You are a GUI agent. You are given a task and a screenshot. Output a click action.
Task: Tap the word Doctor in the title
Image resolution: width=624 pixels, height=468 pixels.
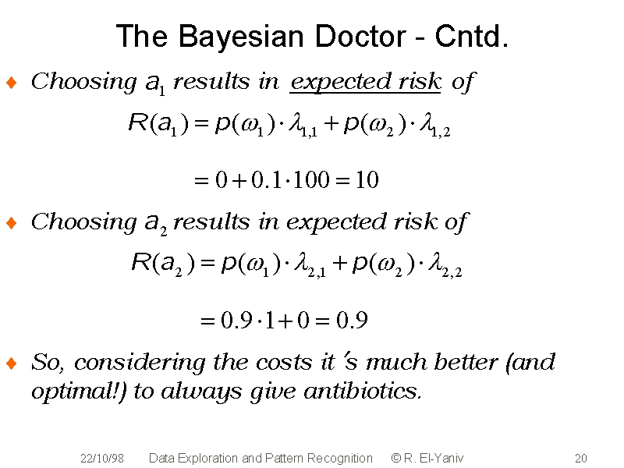point(360,36)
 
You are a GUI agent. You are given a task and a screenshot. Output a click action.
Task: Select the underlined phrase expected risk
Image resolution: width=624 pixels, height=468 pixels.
point(365,83)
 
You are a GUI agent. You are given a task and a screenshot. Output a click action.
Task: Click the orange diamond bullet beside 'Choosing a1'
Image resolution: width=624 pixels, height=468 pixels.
point(12,83)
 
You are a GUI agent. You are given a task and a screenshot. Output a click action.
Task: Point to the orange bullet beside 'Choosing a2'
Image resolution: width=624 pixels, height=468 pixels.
point(12,223)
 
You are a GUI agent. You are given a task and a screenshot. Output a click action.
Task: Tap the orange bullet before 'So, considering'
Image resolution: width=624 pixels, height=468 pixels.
point(12,363)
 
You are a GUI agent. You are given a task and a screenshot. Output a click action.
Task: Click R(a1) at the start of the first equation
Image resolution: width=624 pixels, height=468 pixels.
point(158,124)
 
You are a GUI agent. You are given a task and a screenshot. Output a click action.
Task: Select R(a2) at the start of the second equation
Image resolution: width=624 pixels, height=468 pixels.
point(163,264)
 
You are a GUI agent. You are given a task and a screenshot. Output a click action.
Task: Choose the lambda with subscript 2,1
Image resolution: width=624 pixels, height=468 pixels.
point(310,265)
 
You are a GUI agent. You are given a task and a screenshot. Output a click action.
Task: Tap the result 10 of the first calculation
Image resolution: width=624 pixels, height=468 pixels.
point(367,180)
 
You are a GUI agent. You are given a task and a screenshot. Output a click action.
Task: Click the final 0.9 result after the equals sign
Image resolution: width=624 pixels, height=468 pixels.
point(352,320)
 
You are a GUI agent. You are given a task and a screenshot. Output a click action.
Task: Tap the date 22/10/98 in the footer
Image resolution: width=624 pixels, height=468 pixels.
point(102,459)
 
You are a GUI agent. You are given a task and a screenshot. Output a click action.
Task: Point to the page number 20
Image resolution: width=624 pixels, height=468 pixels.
point(581,459)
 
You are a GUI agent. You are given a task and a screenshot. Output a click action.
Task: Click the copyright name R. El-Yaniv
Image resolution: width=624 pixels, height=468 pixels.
point(433,459)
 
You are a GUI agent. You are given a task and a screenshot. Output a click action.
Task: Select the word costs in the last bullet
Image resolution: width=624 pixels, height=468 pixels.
point(284,363)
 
